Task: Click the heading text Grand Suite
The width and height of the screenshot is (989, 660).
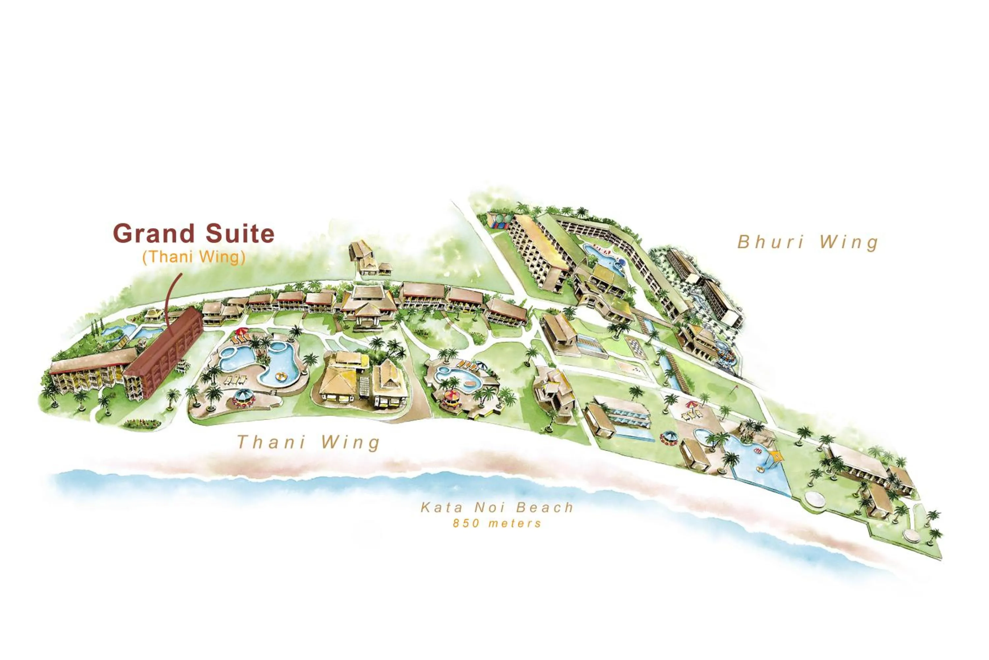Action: pos(194,234)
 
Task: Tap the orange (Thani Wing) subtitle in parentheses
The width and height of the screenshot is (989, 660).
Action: pos(194,257)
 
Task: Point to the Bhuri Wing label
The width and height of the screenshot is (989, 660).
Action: pos(808,242)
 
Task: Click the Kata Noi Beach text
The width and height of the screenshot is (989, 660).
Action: pos(497,507)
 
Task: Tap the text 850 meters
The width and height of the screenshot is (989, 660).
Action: pos(497,523)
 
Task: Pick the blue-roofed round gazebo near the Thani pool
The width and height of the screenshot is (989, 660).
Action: pos(244,397)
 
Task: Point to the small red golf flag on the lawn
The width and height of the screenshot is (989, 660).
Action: pos(734,386)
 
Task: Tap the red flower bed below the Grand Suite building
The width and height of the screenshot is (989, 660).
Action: pos(142,424)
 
